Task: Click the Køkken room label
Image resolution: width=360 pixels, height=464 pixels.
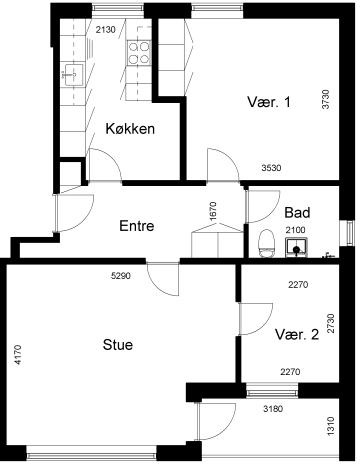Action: click(130, 129)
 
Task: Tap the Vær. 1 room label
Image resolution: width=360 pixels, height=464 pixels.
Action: click(269, 102)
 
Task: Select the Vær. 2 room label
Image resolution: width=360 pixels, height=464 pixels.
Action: click(297, 334)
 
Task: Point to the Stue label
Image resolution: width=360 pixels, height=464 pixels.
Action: click(118, 345)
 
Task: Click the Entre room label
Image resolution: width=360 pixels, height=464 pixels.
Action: click(137, 226)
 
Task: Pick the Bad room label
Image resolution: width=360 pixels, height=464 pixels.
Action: click(297, 212)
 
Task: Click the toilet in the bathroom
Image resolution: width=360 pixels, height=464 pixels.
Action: click(266, 243)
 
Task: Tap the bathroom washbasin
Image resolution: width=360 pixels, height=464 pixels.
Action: click(296, 247)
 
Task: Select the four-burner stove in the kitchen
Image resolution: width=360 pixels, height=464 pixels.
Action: click(139, 53)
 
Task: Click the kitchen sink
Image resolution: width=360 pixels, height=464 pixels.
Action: click(74, 74)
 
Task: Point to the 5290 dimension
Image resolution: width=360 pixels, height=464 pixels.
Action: click(121, 276)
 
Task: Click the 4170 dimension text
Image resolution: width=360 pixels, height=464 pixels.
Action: click(18, 355)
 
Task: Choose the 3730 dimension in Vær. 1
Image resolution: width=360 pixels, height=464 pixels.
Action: click(326, 99)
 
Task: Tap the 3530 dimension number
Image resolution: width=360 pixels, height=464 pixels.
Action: click(271, 168)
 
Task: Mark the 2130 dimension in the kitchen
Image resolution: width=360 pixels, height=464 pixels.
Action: click(105, 30)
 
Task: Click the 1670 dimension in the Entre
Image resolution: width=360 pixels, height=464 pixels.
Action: click(213, 211)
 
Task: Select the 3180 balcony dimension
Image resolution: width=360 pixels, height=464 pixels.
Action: click(273, 409)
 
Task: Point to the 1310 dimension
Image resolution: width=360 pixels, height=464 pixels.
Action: click(330, 426)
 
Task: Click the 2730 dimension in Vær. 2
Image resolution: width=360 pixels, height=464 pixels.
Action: click(330, 323)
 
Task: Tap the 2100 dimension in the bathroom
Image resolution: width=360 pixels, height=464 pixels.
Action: click(295, 230)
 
